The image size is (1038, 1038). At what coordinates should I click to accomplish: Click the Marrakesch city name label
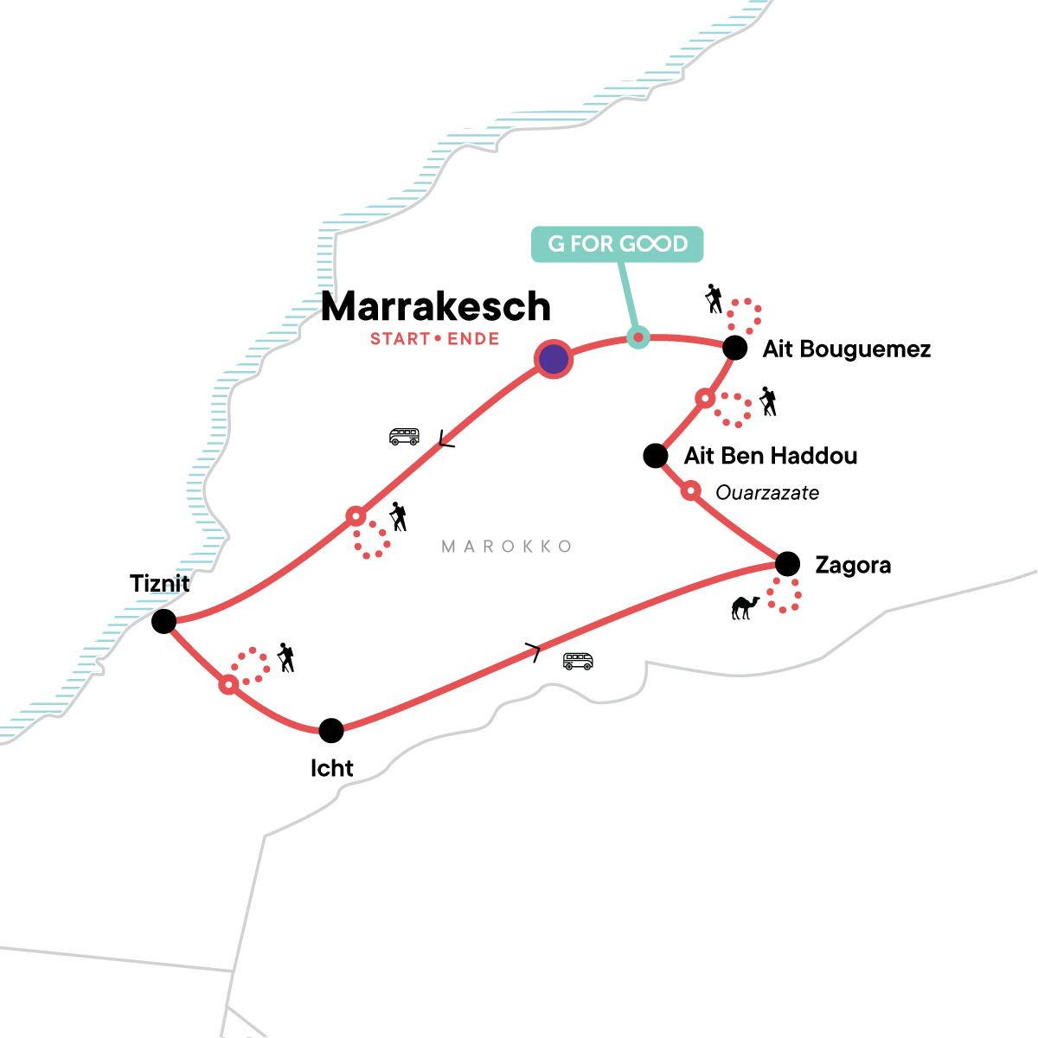pos(436,307)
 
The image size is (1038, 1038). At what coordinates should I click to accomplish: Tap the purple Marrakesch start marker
pos(554,359)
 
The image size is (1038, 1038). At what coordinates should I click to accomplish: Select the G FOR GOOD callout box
pos(617,244)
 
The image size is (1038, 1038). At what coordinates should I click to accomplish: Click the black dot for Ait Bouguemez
pos(734,348)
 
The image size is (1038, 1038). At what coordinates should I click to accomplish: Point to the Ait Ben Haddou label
pos(771,456)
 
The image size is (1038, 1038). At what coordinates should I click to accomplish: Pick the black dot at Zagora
pos(787,564)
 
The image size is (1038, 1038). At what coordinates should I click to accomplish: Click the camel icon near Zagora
pos(745,607)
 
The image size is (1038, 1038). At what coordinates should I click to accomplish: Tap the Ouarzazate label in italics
pos(767,493)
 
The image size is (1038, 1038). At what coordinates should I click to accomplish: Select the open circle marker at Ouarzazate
pos(690,491)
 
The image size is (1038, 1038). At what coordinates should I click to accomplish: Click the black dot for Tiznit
pos(163,621)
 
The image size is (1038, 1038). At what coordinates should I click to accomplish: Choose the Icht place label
pos(332,768)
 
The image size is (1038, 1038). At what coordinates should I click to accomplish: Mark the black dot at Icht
pos(331,730)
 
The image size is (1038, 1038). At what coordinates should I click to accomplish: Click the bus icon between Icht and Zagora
pos(578,662)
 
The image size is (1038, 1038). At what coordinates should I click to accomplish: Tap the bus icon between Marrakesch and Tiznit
pos(404,437)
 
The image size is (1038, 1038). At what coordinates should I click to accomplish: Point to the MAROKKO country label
pos(507,547)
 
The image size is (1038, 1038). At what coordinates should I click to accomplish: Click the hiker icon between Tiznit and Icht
pos(285,657)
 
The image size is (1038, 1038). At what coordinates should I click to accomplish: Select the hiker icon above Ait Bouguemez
pos(714,299)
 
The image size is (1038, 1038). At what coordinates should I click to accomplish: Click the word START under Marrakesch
pos(400,339)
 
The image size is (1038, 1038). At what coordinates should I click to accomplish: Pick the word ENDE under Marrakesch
pos(473,339)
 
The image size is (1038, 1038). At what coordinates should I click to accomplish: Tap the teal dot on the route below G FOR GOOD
pos(638,337)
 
